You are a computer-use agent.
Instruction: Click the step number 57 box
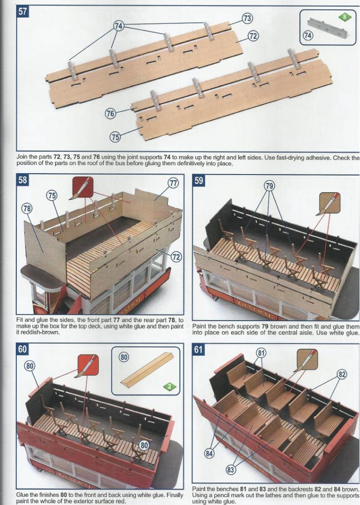coord(23,12)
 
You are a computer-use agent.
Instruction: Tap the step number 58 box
coord(23,180)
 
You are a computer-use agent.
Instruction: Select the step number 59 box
coord(198,180)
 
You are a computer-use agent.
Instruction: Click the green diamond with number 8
coord(345,17)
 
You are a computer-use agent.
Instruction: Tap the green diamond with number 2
coord(170,386)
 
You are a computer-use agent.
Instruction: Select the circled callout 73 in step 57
coord(247,19)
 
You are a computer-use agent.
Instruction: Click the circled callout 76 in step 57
coord(110,113)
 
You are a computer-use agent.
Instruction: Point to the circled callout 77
coord(173,183)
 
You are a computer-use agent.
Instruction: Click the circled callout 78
coord(27,209)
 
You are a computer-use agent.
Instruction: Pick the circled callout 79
coord(269,186)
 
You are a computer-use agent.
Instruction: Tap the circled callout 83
coord(230,470)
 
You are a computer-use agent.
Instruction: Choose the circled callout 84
coord(209,454)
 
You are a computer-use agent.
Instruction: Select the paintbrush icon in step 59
coord(329,203)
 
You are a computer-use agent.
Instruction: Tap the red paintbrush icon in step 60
coord(88,365)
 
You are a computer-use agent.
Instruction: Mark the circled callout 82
coord(342,375)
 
